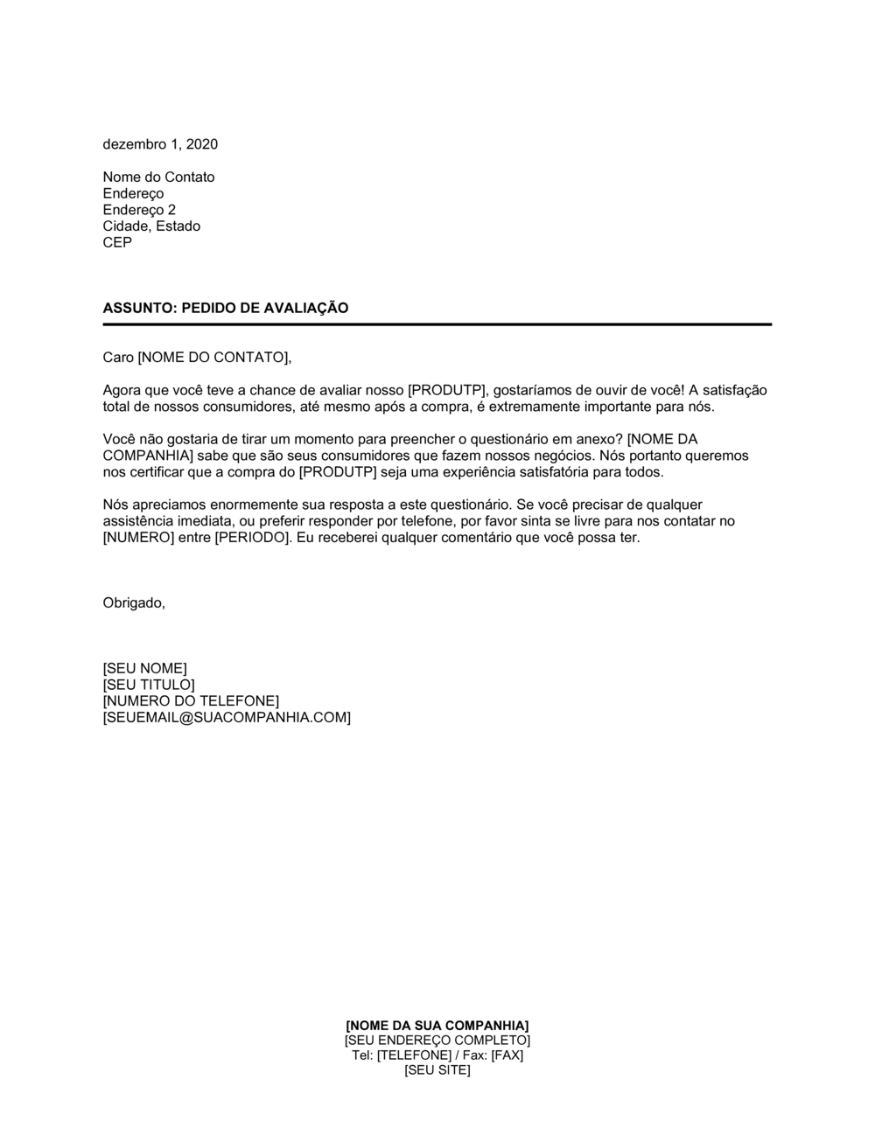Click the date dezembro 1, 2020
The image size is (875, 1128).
[160, 144]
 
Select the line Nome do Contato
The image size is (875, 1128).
[158, 178]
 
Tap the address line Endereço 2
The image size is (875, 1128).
[139, 210]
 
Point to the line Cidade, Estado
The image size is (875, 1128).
[151, 226]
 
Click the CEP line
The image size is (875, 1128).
[117, 242]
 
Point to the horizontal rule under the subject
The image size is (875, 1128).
[437, 324]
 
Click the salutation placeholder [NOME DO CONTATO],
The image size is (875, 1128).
[214, 357]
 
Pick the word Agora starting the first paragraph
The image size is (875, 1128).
[122, 390]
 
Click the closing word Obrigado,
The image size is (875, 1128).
[134, 602]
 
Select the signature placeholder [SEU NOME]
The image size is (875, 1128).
[144, 669]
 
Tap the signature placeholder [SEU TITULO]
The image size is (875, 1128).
[149, 685]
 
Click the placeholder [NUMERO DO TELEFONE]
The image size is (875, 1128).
[191, 701]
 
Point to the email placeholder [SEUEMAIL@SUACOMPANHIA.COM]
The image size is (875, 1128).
[227, 718]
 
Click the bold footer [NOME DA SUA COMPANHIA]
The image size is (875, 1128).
[437, 1025]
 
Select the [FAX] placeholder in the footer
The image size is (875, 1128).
[507, 1055]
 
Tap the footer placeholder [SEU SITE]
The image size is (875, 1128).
[437, 1070]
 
